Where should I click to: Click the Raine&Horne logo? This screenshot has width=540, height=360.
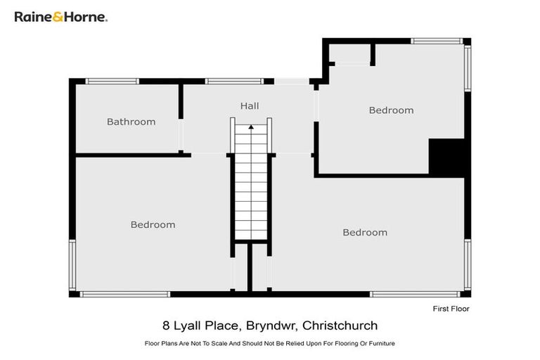point(60,16)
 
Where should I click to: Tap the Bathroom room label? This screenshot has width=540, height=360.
point(131,122)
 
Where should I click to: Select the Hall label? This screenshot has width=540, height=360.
point(250,106)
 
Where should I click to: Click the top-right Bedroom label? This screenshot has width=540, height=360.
point(391,110)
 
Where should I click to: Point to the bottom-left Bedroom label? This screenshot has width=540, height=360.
point(153,225)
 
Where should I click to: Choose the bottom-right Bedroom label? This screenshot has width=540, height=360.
point(364,233)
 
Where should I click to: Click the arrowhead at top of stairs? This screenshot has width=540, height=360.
point(250,127)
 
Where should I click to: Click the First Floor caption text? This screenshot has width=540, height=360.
point(450,309)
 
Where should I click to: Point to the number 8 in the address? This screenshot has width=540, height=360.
point(165,326)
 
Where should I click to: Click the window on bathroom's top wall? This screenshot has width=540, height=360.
point(112,82)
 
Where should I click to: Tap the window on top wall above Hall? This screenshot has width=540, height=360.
point(229,82)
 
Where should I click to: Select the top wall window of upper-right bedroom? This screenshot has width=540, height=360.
point(437,41)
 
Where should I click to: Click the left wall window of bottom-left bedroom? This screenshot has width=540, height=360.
point(72,265)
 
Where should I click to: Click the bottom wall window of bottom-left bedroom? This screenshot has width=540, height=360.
point(124,294)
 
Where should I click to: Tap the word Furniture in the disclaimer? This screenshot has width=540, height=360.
point(380,343)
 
